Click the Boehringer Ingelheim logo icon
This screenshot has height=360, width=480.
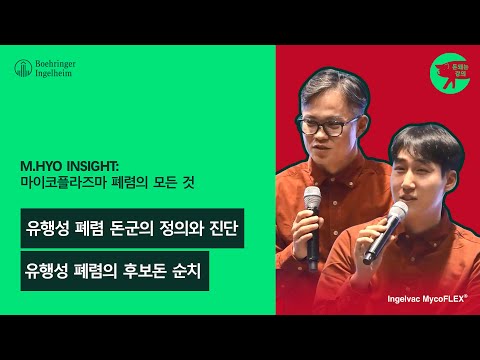(21, 69)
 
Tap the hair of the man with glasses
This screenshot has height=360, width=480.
(322, 95)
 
